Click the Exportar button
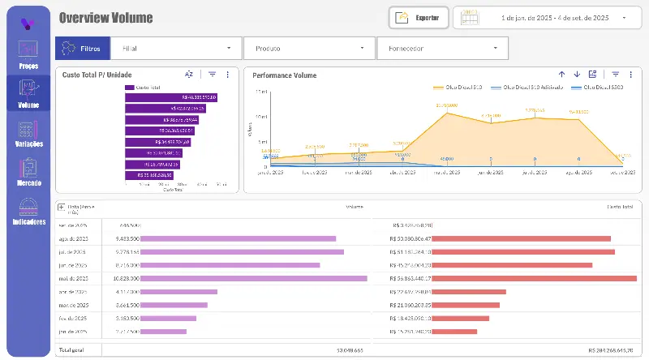[419, 17]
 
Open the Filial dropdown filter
[176, 49]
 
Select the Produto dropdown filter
[308, 49]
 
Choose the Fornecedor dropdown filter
[442, 49]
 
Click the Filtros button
[82, 49]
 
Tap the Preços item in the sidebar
[28, 54]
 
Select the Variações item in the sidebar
[28, 133]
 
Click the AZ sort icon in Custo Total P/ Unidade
[189, 75]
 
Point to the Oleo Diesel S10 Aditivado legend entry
[531, 86]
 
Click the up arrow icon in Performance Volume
[561, 75]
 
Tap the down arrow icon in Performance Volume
[577, 75]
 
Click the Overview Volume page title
[105, 18]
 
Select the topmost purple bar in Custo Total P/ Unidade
[170, 97]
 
